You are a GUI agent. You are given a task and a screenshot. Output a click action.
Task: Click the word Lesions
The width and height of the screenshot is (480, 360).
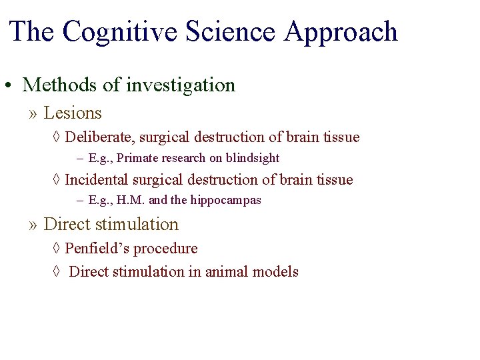tap(73, 113)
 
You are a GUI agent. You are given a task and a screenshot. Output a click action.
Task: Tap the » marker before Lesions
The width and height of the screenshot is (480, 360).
tap(33, 114)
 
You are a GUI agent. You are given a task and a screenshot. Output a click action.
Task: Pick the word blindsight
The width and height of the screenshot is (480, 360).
tap(254, 159)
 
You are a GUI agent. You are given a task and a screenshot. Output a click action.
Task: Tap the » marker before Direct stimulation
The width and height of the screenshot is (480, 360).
tap(33, 225)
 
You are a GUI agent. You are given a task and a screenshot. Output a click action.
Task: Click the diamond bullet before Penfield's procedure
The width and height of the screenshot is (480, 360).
tap(56, 249)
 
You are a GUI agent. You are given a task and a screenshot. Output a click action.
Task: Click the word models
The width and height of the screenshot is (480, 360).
tap(277, 271)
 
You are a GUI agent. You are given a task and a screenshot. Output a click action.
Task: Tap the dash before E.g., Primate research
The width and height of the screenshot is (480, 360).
tap(80, 159)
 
